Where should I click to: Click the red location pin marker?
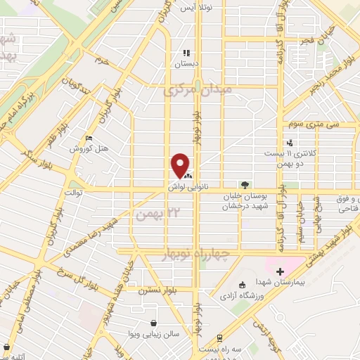[181, 166]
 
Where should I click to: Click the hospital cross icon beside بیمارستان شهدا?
[280, 271]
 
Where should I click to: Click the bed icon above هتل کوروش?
[87, 139]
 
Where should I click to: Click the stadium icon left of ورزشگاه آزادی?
[243, 285]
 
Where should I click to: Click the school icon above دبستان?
[186, 53]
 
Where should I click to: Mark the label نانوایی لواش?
[184, 188]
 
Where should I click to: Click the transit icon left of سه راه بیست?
[220, 338]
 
